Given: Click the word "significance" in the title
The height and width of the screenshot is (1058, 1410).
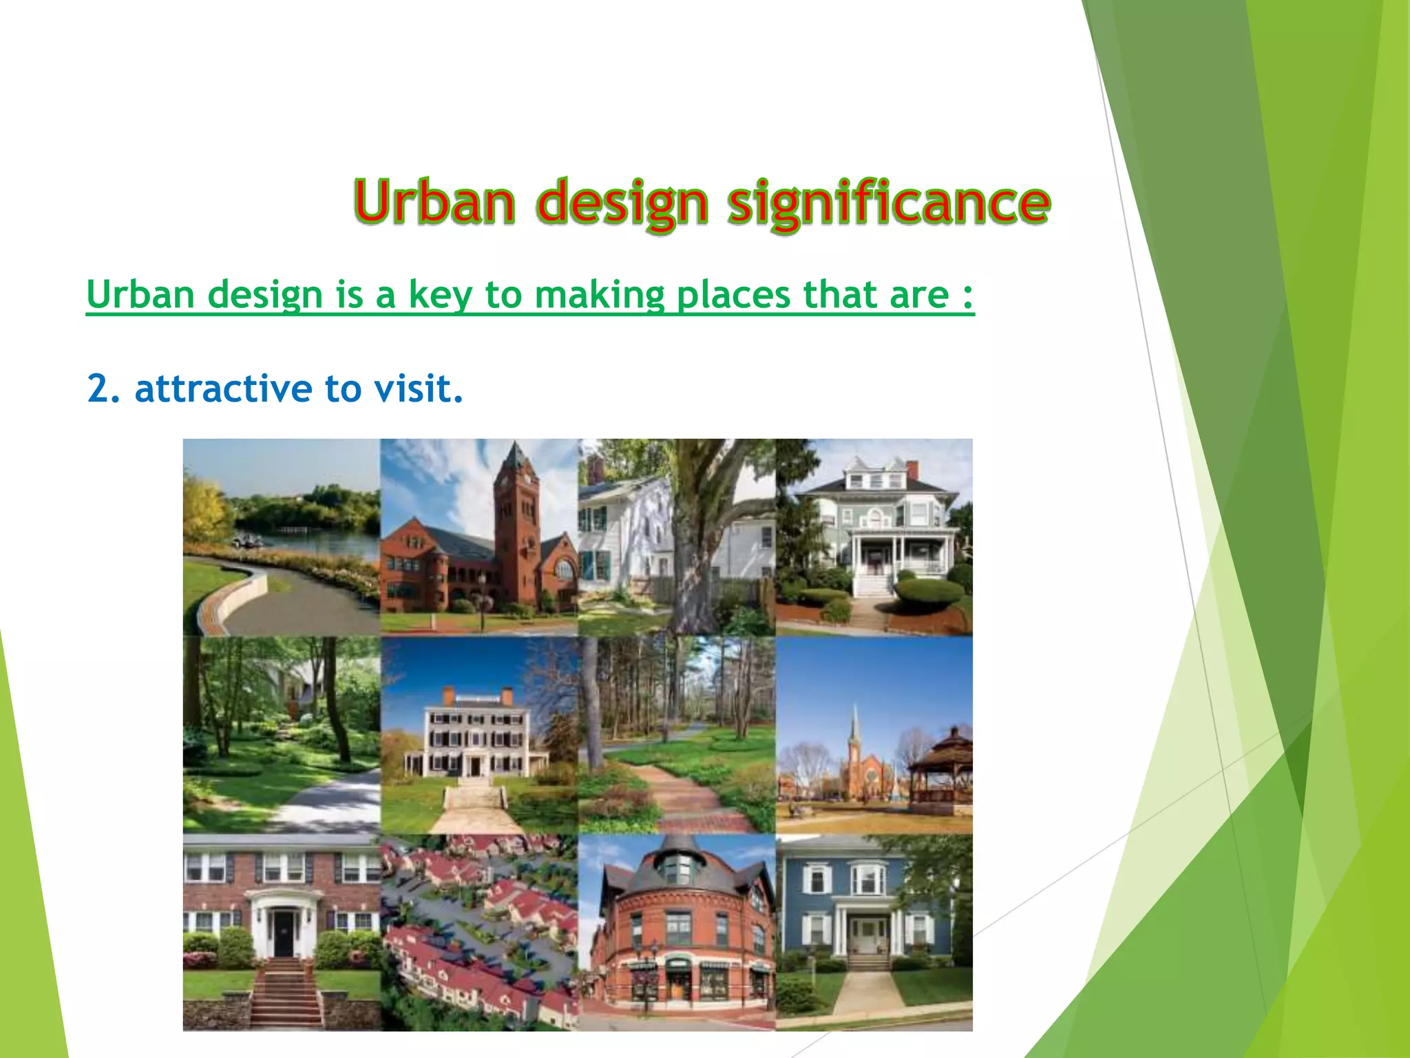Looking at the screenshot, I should click(888, 202).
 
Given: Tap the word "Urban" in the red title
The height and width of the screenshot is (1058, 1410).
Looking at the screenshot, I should click(434, 202).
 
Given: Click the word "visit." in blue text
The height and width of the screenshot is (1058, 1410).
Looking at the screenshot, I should click(419, 388).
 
